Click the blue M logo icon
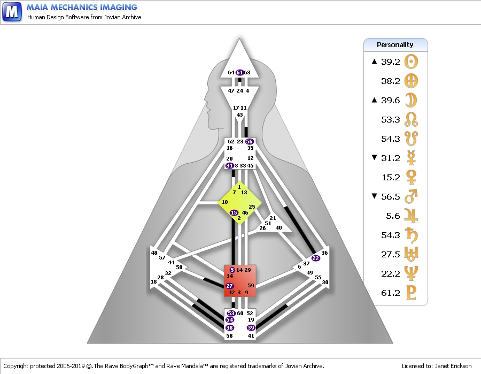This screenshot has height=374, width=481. (12, 12)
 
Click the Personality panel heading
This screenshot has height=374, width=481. (395, 45)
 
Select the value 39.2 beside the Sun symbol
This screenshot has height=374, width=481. (391, 62)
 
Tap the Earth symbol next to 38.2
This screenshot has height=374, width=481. (411, 81)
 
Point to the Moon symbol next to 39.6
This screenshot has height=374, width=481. (412, 101)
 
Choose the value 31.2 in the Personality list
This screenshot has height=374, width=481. (391, 158)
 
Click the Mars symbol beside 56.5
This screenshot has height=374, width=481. (411, 196)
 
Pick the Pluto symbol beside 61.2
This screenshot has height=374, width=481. (411, 293)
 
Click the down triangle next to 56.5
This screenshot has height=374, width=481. (374, 196)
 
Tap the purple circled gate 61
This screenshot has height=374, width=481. (240, 72)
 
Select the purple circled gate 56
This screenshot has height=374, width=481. (250, 142)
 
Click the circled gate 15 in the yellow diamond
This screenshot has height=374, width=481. (234, 212)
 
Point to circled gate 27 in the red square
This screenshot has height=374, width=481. (229, 286)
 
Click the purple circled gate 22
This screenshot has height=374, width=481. (316, 258)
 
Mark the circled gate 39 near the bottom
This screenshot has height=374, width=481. (251, 327)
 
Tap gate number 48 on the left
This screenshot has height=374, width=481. (154, 253)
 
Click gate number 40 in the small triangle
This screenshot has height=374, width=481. (278, 227)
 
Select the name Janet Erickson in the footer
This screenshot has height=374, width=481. (453, 366)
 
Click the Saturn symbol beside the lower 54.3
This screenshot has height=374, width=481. (411, 235)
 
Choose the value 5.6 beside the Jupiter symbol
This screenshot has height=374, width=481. (393, 216)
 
